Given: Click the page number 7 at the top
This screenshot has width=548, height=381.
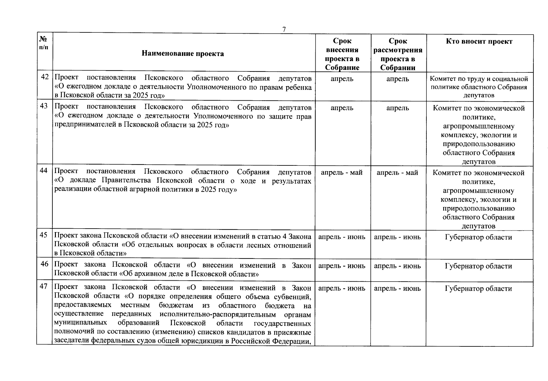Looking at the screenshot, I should (284, 29).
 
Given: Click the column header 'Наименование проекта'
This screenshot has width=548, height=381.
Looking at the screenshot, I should (183, 53).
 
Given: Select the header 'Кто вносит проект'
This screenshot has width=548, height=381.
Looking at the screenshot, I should (479, 41).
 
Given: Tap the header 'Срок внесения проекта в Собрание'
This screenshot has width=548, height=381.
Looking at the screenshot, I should (342, 54).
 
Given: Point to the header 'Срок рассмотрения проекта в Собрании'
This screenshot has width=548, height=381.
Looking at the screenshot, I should (398, 54).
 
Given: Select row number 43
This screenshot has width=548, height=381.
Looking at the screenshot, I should (44, 106).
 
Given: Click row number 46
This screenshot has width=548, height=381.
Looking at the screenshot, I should (44, 264).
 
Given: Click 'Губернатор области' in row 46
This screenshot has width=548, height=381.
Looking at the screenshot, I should (478, 266).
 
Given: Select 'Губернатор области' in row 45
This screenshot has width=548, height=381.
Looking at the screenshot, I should (478, 237).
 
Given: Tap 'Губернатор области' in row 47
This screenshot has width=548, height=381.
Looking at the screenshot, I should (478, 289).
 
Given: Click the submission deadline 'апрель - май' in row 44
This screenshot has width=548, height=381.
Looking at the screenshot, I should (342, 172).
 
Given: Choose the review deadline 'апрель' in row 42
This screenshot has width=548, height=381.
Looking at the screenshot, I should (398, 79).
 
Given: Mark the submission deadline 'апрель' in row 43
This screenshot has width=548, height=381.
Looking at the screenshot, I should (342, 108).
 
